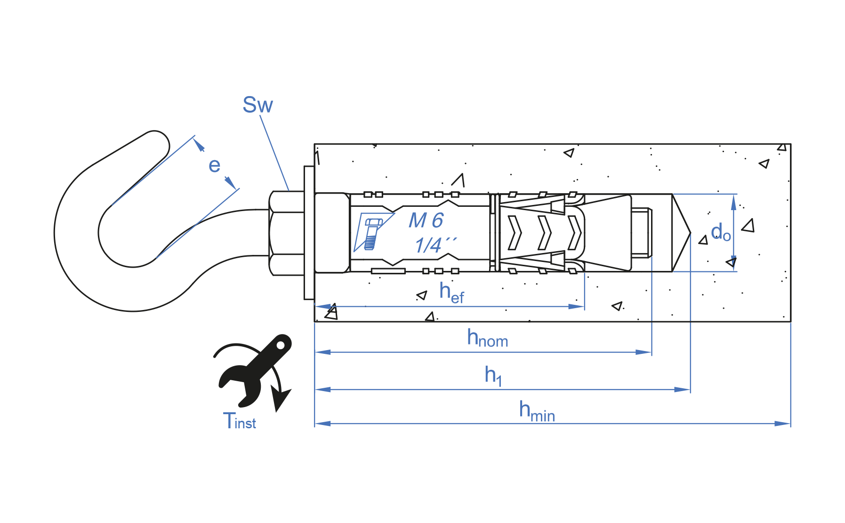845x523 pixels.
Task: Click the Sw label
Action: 258,105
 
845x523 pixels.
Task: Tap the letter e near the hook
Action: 214,166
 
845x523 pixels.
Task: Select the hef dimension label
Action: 451,293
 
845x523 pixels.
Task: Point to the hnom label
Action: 487,338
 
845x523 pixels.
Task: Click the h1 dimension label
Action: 493,376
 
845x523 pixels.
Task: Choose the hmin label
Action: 537,411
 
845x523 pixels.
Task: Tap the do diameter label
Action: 720,232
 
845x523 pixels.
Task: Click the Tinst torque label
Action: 239,421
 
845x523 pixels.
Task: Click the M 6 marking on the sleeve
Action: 426,221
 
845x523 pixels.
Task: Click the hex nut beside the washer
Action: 286,233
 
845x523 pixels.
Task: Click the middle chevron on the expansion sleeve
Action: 544,233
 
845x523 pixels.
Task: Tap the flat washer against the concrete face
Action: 309,233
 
